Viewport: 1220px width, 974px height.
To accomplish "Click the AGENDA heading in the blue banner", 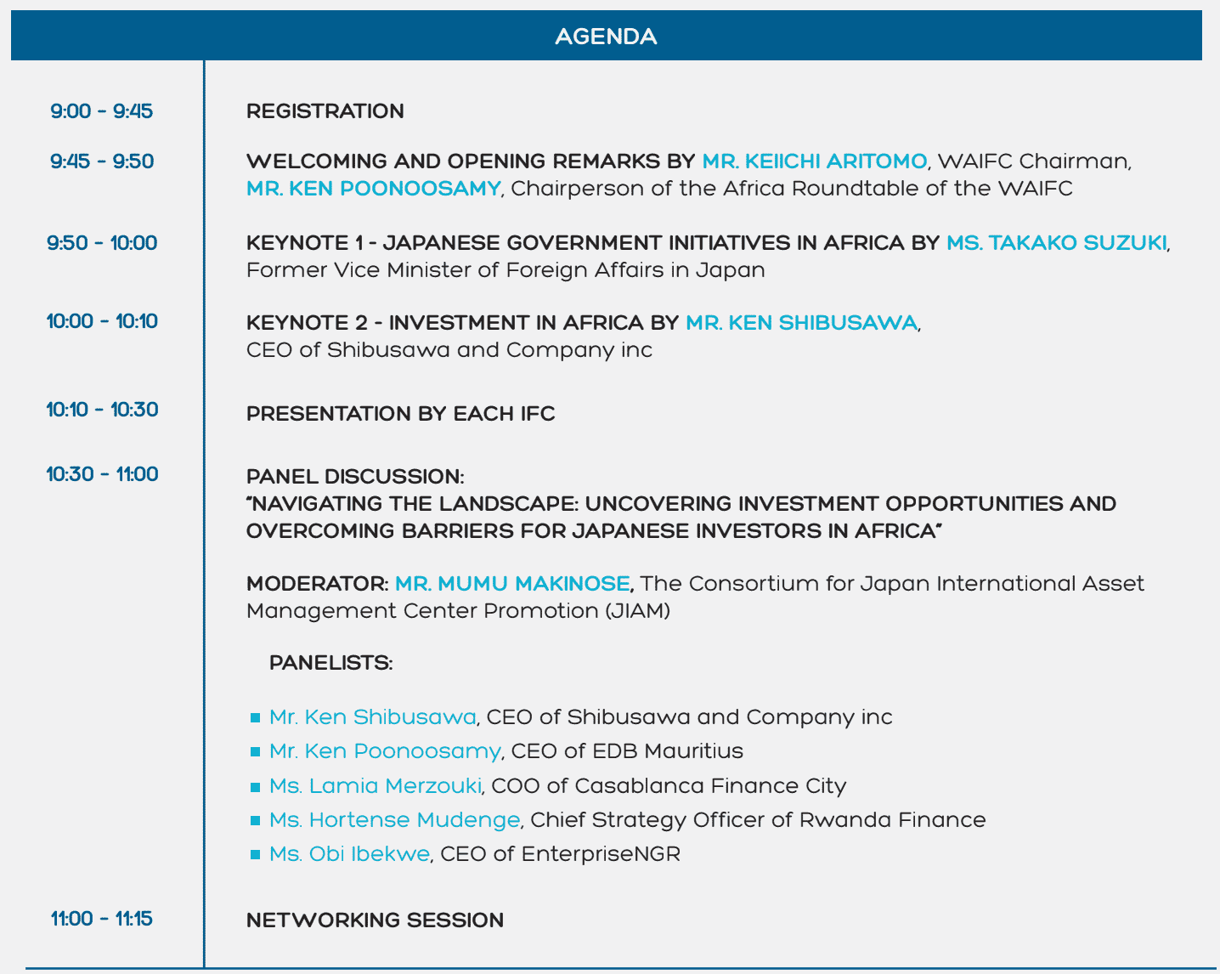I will tap(606, 37).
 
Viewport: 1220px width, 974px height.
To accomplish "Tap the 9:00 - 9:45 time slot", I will tap(102, 111).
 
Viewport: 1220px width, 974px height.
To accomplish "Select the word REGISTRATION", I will tap(325, 111).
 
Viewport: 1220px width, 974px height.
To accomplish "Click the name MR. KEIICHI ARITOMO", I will tap(814, 161).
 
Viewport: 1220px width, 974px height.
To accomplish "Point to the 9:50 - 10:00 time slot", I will tap(102, 243).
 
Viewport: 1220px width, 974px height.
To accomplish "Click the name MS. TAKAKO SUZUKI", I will tap(1056, 243).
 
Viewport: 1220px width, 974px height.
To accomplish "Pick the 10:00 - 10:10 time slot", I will tap(102, 321).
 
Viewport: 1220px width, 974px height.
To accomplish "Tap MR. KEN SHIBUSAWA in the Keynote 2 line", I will tap(801, 323).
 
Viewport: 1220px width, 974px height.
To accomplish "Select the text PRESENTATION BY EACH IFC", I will tap(400, 414).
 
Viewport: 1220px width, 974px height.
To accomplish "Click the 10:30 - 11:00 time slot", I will tap(102, 474).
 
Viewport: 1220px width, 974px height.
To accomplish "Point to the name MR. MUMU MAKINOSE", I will tap(512, 584).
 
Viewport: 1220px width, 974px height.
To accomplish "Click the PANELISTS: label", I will tap(330, 663).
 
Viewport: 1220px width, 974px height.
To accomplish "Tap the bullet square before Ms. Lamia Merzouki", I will tap(255, 786).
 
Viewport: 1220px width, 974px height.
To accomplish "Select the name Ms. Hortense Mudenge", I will tap(394, 820).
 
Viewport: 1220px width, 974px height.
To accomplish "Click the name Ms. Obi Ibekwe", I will tap(349, 854).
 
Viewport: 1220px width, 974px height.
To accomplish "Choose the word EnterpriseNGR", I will tap(601, 854).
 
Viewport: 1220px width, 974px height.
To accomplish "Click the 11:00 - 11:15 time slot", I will tap(102, 919).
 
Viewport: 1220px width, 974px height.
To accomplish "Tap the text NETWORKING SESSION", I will tap(375, 920).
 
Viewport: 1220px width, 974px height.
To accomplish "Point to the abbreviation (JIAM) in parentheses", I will tap(638, 611).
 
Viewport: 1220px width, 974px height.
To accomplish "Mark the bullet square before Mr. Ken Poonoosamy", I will tap(255, 752).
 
